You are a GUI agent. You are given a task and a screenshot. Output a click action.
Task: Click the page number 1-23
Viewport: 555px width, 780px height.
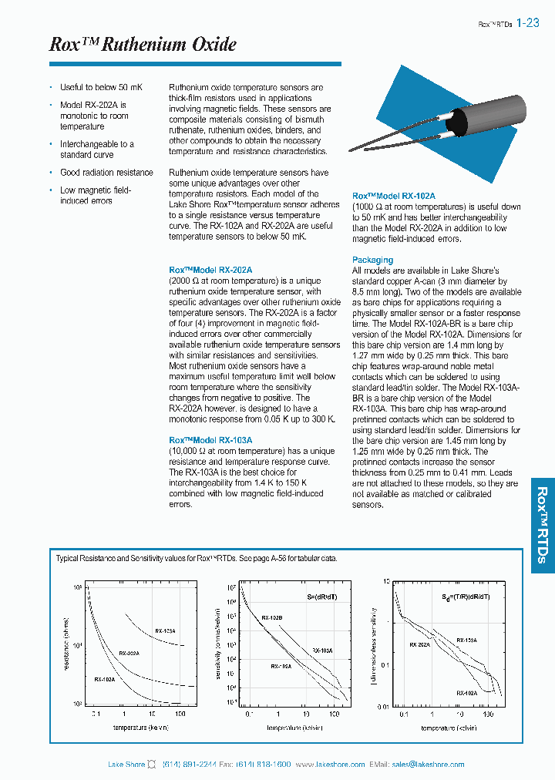[x=528, y=23]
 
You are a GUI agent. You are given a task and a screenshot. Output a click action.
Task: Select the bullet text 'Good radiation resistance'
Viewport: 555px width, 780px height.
[x=106, y=173]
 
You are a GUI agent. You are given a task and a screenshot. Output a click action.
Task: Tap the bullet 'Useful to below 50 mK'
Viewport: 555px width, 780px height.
[x=101, y=88]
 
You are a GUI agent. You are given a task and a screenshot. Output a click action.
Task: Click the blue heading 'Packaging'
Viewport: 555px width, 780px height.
[x=372, y=260]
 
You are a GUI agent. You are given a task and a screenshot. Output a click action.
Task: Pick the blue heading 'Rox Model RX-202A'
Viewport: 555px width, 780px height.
[x=210, y=271]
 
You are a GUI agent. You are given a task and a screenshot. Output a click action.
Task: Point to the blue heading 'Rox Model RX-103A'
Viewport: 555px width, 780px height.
[x=210, y=440]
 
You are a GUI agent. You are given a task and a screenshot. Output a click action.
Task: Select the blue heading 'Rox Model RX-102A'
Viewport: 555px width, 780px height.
[x=394, y=197]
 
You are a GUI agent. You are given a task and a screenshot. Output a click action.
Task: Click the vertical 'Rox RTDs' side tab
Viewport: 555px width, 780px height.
[x=541, y=525]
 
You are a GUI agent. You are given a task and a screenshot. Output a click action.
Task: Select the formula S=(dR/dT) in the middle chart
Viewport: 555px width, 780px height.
[x=316, y=596]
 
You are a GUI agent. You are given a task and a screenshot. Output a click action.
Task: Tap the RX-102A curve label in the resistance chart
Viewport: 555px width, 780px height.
[x=105, y=679]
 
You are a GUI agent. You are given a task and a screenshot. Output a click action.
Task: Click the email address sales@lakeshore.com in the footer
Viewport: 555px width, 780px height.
[x=428, y=764]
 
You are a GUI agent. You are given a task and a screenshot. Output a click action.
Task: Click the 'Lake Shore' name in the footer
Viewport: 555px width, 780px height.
[x=126, y=764]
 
